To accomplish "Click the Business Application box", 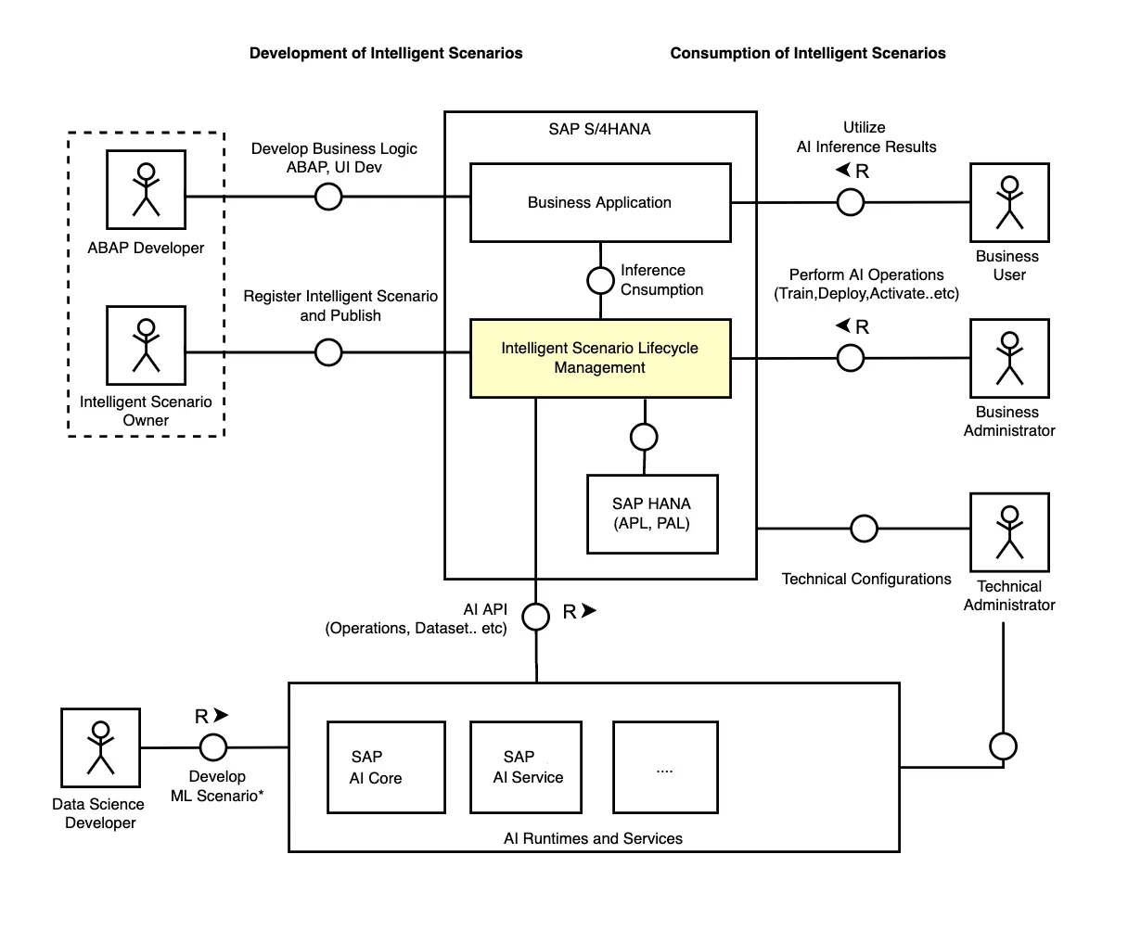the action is click(600, 202).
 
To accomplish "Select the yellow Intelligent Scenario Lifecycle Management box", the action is click(600, 358).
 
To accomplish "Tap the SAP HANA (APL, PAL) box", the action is click(652, 514).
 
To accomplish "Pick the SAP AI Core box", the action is click(386, 767).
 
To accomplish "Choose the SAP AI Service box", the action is click(526, 767).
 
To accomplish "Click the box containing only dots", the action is click(665, 767).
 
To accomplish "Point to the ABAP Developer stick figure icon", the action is click(146, 189).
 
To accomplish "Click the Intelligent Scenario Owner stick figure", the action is click(146, 345).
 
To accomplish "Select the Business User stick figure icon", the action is click(1009, 202).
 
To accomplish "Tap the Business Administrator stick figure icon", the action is click(1009, 358).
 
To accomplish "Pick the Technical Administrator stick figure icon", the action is click(1009, 532).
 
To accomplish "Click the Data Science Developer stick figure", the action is click(100, 747).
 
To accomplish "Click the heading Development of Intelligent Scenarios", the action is click(386, 53).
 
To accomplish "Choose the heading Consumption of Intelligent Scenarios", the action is click(808, 53).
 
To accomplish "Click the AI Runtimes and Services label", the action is click(593, 838).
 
